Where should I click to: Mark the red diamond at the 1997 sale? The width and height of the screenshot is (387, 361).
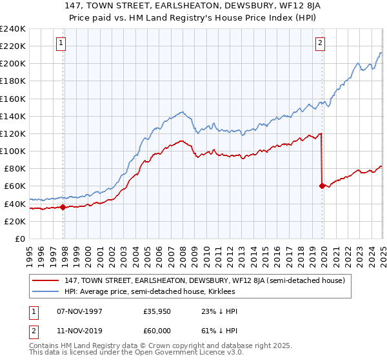tap(63, 207)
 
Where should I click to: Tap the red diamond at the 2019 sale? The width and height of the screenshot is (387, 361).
tap(322, 186)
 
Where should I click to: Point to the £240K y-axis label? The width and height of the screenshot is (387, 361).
tap(13, 29)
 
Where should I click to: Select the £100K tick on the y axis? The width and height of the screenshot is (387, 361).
tap(13, 151)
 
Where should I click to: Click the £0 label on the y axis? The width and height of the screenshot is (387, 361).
tap(21, 239)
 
